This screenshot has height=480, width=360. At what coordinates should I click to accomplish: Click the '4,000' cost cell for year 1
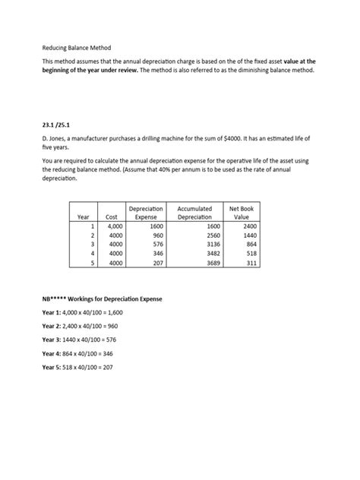click(114, 226)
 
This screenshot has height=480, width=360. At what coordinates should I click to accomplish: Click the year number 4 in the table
click(92, 254)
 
